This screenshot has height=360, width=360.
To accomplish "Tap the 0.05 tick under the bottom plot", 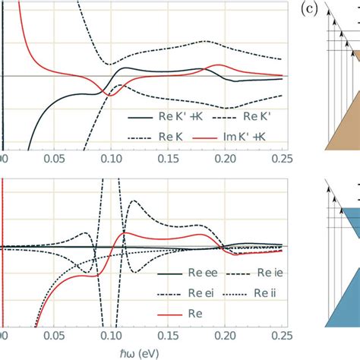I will [54, 336].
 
